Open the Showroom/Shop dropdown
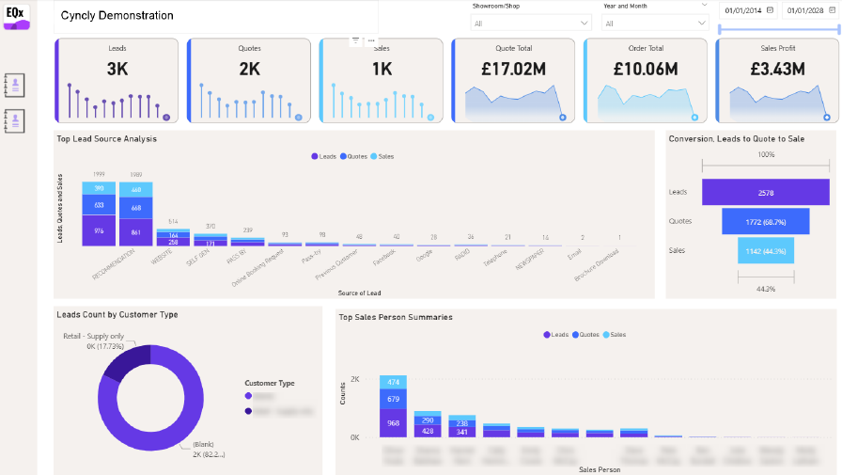tap(531, 23)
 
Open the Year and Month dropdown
tap(656, 23)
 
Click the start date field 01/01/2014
tap(743, 10)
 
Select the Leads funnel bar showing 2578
tap(765, 192)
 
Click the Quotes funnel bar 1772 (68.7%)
tap(765, 221)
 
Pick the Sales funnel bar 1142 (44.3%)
tap(765, 250)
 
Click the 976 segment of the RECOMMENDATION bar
tap(99, 230)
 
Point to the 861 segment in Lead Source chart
tap(136, 232)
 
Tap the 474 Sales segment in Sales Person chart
tap(393, 382)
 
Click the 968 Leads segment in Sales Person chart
tap(393, 423)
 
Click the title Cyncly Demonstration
tap(117, 16)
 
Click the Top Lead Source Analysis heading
tap(106, 139)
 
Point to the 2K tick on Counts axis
tap(355, 379)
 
